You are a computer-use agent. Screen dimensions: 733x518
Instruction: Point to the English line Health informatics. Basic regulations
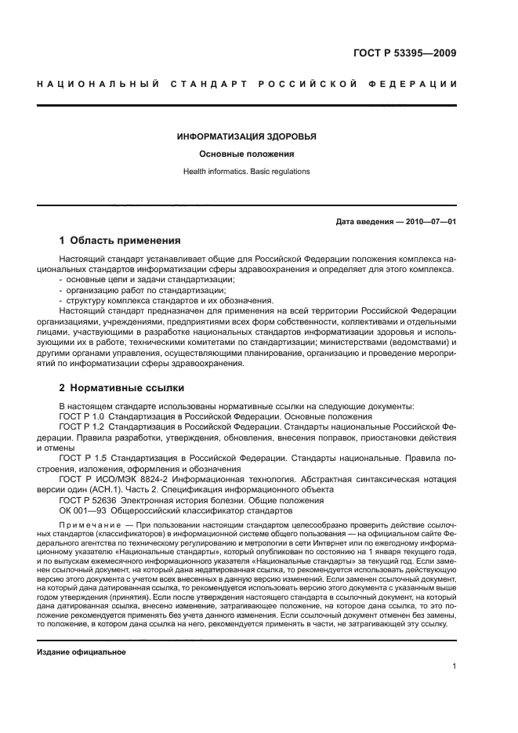[246, 171]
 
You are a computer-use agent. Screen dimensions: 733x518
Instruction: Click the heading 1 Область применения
[120, 241]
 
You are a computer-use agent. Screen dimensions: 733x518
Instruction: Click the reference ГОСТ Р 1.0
[82, 416]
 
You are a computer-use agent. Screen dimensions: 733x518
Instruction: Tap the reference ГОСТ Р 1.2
[82, 426]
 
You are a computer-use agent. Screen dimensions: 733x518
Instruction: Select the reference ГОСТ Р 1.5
[82, 457]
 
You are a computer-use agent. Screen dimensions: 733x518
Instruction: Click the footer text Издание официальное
[82, 652]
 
